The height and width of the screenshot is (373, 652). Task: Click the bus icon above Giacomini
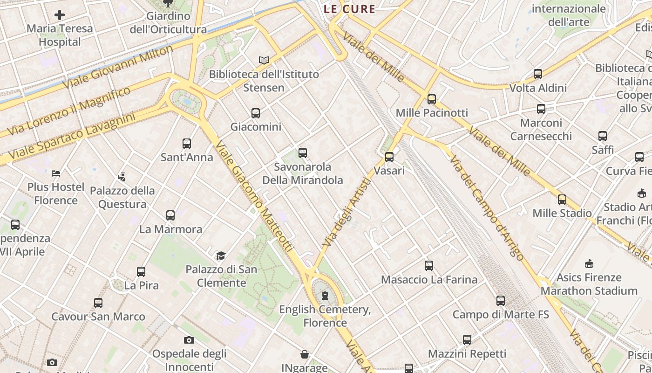pos(255,113)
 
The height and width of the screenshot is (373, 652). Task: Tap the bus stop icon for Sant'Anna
pos(187,143)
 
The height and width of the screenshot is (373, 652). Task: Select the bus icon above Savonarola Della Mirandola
pos(303,152)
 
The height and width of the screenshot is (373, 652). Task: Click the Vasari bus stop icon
pos(389,157)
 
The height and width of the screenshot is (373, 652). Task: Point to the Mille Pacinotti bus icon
pos(432,99)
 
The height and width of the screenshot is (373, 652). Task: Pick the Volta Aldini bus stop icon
pos(538,74)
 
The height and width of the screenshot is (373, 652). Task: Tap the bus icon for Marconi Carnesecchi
pos(541,109)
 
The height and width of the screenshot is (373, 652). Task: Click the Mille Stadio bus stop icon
pos(562,200)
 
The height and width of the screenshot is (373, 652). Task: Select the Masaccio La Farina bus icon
pos(429,266)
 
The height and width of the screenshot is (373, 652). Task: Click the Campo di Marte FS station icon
pos(501,301)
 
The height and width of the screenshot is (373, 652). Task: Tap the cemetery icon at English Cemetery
pos(325,295)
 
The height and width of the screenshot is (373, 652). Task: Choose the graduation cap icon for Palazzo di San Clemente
pos(221,256)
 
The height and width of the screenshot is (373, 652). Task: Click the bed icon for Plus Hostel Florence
pos(56,173)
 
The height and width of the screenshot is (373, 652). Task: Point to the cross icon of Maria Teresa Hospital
pos(60,15)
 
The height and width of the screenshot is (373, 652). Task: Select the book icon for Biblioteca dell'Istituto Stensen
pos(264,60)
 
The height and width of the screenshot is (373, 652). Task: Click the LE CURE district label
pos(349,9)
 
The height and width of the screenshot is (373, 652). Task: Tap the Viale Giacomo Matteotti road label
pos(254,197)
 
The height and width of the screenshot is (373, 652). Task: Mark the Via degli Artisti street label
pos(347,213)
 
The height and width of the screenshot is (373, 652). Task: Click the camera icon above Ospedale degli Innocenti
pos(189,340)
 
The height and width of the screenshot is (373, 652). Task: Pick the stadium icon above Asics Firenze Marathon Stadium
pos(589,264)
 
